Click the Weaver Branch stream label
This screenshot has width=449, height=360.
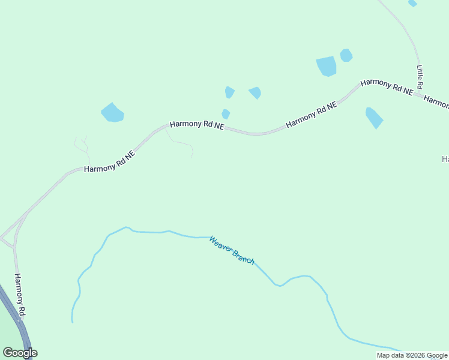[x=232, y=251]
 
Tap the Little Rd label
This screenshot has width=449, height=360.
[x=420, y=77]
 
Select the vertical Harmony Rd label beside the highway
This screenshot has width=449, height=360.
[x=20, y=295]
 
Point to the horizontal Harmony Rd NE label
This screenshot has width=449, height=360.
[x=197, y=125]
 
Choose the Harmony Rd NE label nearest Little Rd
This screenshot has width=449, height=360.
[x=387, y=86]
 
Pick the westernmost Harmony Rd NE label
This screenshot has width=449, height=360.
[x=110, y=161]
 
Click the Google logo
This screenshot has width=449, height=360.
[x=20, y=353]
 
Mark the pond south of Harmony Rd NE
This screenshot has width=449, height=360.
[x=374, y=118]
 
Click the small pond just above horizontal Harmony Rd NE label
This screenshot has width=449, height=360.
[x=226, y=113]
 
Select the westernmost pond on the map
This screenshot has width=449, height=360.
[x=112, y=112]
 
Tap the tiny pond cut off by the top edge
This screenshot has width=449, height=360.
[x=412, y=3]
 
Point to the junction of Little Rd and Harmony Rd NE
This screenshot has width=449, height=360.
[x=417, y=94]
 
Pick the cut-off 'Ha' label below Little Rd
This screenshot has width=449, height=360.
[x=445, y=159]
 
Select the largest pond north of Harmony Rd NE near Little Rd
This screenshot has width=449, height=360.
[x=327, y=66]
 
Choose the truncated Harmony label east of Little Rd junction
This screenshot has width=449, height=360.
[x=437, y=103]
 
